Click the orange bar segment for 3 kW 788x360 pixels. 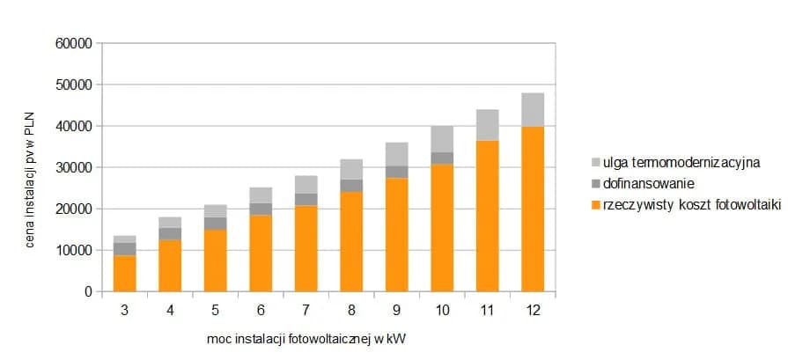pyautogui.click(x=124, y=273)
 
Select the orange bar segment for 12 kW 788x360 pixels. pyautogui.click(x=533, y=209)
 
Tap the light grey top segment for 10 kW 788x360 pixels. pyautogui.click(x=442, y=139)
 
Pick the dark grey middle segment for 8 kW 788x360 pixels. pyautogui.click(x=351, y=185)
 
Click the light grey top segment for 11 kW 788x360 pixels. pyautogui.click(x=488, y=125)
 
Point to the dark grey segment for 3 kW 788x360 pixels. pyautogui.click(x=124, y=248)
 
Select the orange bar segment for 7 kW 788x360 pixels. pyautogui.click(x=306, y=248)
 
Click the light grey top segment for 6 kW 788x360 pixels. pyautogui.click(x=261, y=195)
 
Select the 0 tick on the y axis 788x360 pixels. pyautogui.click(x=88, y=291)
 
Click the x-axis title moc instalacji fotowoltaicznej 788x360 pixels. pyautogui.click(x=306, y=338)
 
